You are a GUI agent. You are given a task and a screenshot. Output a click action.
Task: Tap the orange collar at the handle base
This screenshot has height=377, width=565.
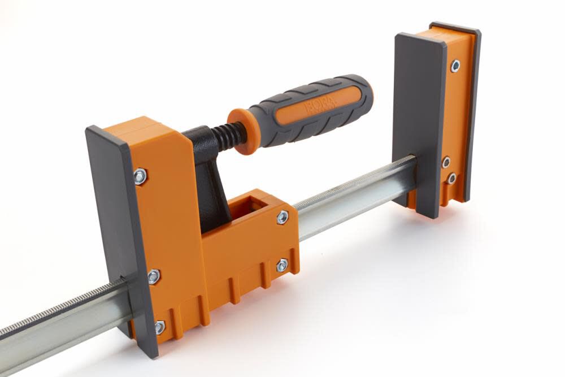point(240,131)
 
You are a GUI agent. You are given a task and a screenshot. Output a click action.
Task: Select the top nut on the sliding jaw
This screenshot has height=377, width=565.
point(140,176)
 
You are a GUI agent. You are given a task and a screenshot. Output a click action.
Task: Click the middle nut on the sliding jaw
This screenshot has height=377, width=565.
point(154,276)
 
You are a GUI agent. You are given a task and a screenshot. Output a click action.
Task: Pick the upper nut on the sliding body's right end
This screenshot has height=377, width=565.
point(282,217)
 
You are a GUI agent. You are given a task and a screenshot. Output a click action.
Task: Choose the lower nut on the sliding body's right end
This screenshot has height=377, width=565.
point(282,265)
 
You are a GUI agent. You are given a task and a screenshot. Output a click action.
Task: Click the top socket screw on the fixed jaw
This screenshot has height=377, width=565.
point(455,66)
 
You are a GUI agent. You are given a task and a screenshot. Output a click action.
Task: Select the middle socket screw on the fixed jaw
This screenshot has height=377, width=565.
point(446,162)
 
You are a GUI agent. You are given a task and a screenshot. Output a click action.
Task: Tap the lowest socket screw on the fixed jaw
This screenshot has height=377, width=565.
point(451,179)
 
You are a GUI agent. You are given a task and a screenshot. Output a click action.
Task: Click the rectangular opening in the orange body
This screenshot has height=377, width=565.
point(250,207)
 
